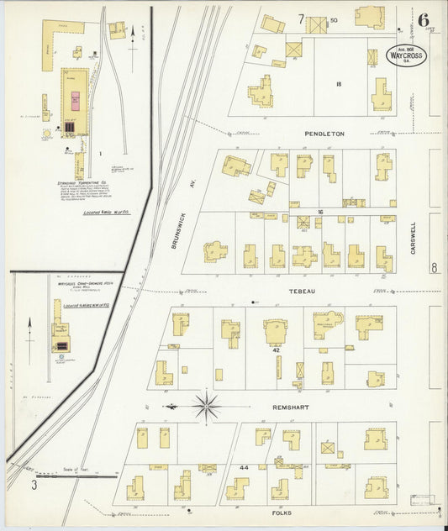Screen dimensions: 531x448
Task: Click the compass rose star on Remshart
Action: coord(206,406)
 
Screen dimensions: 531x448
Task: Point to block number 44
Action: coord(244,465)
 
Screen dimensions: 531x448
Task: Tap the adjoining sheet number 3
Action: coord(34,485)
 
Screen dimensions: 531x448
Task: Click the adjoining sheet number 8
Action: coord(434,268)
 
